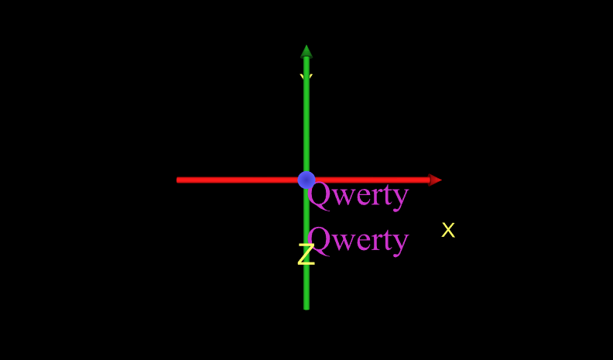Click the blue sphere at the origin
coord(306,180)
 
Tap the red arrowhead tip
coord(438,180)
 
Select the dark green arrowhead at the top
coord(306,51)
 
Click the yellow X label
coord(448,230)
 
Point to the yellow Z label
coord(306,255)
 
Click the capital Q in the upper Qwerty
coord(320,194)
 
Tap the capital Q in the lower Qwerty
coord(320,240)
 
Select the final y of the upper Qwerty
coord(400,197)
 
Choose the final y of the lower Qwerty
coord(400,243)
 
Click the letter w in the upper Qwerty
coord(344,197)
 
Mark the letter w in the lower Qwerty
coord(344,242)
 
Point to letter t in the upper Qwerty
coord(387,195)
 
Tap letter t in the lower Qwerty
coord(387,241)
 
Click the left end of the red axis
coord(178,180)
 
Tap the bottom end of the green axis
coord(306,307)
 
